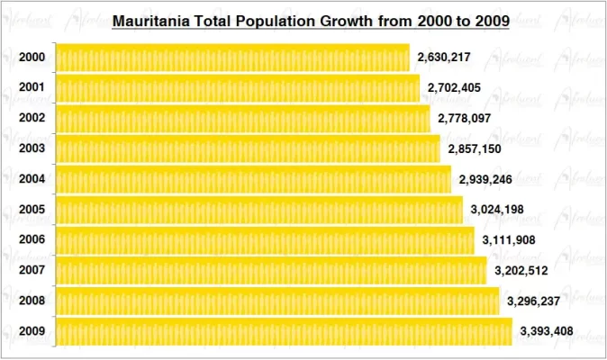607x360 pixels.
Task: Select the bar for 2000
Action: tap(232, 58)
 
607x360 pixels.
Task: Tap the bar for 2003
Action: tap(248, 148)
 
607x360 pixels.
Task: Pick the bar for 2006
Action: tap(265, 240)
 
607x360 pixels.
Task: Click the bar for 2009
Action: tap(284, 331)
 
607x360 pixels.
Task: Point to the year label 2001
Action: tap(31, 88)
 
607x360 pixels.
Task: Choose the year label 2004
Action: tap(31, 179)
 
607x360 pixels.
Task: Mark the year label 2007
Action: tap(31, 270)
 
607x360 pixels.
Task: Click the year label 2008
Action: tap(31, 301)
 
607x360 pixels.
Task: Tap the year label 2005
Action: tap(31, 210)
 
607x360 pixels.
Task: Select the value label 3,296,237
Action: tap(534, 301)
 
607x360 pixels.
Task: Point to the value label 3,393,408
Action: tap(547, 331)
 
